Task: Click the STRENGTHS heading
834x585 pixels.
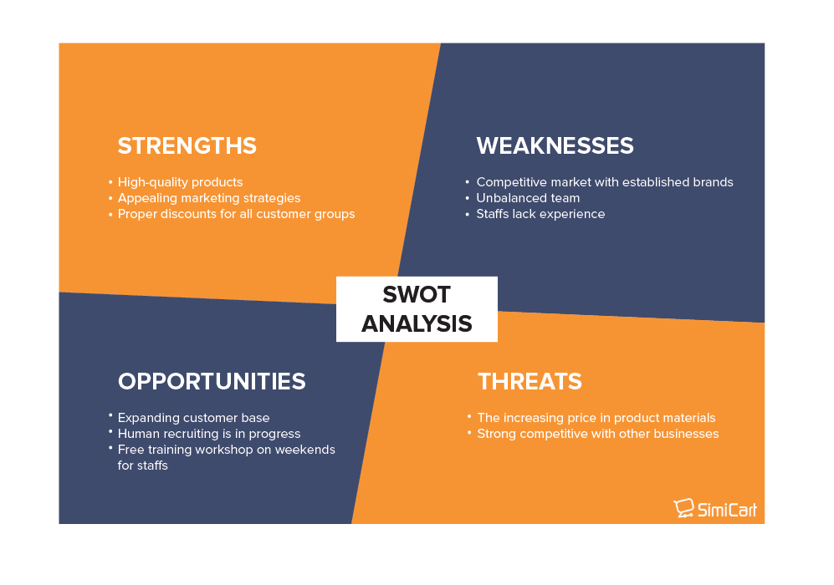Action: point(187,146)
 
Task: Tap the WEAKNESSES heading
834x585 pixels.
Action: point(555,146)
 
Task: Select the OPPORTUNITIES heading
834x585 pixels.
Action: point(212,382)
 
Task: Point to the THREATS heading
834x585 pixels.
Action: point(530,382)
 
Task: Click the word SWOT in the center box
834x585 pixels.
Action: point(417,295)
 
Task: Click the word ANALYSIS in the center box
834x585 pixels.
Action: point(417,323)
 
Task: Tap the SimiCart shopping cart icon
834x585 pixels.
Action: point(683,508)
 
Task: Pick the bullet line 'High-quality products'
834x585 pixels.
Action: point(180,182)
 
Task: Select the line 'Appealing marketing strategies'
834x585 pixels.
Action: point(209,198)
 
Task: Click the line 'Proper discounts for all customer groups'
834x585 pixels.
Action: point(236,214)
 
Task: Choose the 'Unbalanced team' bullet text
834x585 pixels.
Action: point(528,198)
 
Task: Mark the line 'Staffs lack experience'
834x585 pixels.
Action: point(540,214)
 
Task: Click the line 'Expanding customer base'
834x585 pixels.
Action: point(193,418)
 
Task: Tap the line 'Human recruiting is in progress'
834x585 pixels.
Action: point(209,434)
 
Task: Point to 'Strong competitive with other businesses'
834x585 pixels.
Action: point(598,434)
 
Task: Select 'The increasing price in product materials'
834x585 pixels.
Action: point(596,418)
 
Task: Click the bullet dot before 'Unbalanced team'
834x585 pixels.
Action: point(467,198)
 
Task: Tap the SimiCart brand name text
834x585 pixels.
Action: point(727,509)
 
